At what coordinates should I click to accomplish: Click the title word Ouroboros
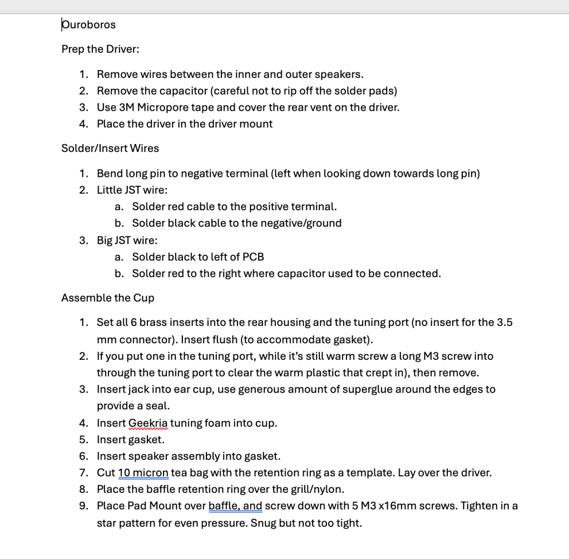coord(88,24)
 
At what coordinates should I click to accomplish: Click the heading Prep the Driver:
coord(100,49)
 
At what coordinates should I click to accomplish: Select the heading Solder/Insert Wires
coord(110,148)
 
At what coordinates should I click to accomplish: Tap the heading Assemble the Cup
coord(108,298)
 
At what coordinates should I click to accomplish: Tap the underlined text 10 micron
coord(143,473)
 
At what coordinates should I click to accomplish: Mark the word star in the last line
coord(107,523)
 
